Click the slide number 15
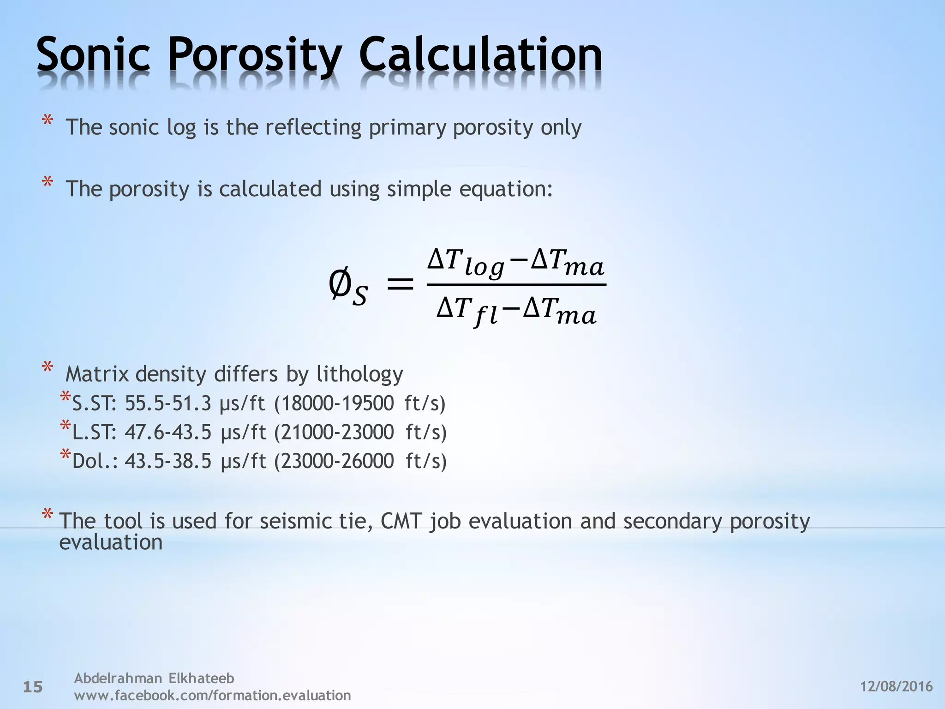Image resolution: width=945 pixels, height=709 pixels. point(33,687)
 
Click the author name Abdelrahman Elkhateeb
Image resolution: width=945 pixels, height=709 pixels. point(154,678)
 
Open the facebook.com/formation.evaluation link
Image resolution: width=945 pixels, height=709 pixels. point(212,695)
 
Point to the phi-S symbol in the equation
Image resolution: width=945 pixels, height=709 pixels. point(348,286)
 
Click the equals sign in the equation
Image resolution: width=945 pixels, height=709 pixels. point(400,283)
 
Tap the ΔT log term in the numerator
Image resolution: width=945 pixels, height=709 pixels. point(466,262)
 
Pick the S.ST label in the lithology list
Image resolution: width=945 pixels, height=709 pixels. point(94,404)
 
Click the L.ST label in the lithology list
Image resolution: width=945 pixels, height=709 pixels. point(94,433)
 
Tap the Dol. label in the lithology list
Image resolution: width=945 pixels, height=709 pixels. point(95,461)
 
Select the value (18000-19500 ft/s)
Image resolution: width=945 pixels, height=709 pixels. point(360,404)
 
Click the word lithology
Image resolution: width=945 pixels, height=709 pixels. point(359,374)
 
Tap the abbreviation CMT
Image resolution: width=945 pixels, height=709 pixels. point(401,521)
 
